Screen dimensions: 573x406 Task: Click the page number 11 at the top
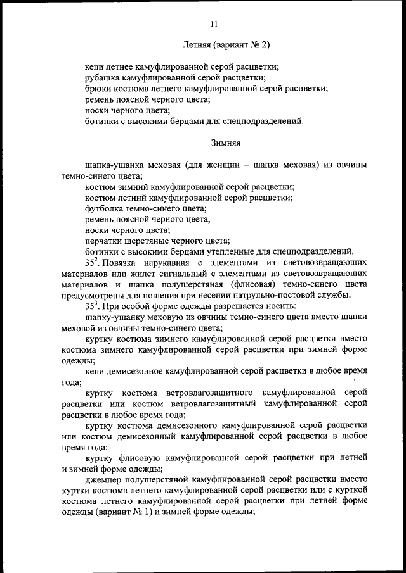tap(213, 24)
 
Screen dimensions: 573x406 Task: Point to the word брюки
tap(98, 89)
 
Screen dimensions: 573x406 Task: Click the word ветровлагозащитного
tap(209, 393)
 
